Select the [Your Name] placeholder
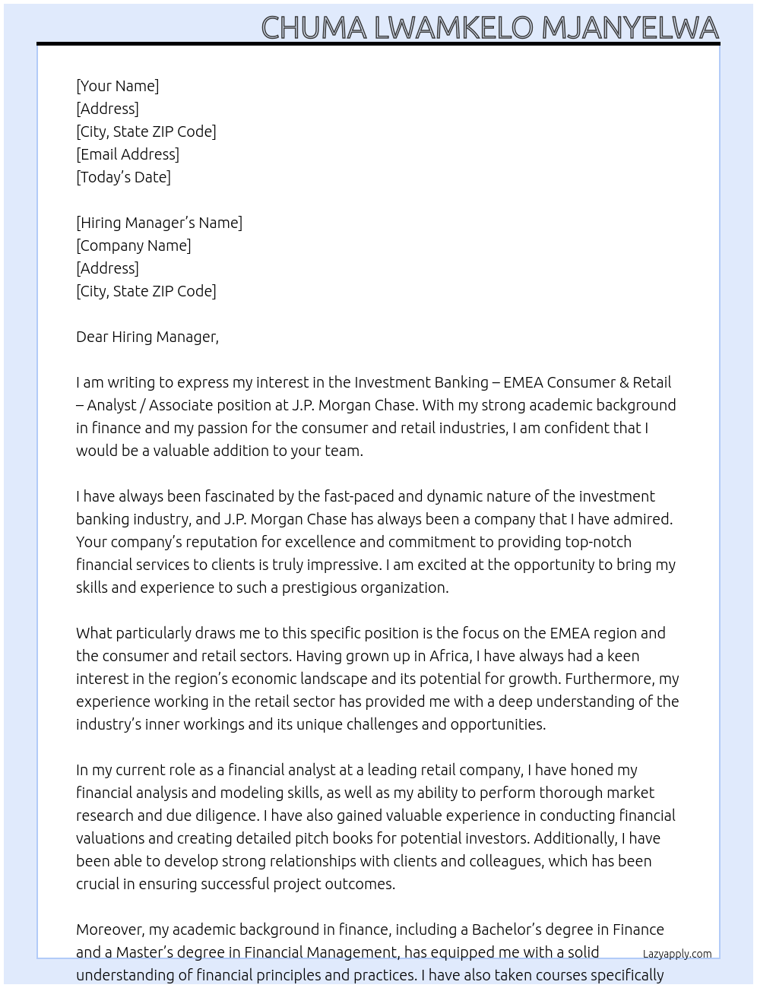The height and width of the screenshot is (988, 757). pyautogui.click(x=118, y=86)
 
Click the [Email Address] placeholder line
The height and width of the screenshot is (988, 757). pyautogui.click(x=128, y=154)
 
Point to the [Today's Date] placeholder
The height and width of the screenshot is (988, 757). pyautogui.click(x=123, y=177)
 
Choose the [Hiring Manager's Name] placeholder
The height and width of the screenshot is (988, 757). pyautogui.click(x=159, y=223)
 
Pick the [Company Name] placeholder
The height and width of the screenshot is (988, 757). pyautogui.click(x=134, y=245)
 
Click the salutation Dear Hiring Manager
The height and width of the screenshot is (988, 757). pyautogui.click(x=147, y=337)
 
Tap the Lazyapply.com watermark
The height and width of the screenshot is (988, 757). pyautogui.click(x=677, y=954)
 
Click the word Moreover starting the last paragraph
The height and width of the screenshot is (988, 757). pyautogui.click(x=110, y=929)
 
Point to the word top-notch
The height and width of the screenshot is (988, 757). pyautogui.click(x=598, y=542)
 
